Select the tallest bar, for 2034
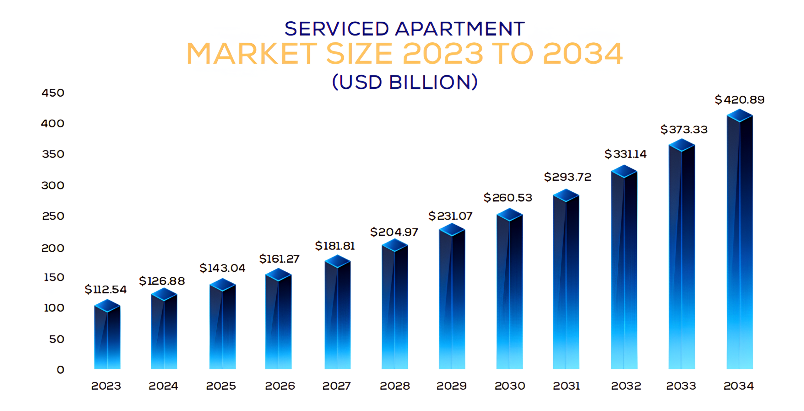(740, 245)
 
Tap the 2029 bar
(452, 301)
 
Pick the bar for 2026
(278, 323)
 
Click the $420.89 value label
(739, 100)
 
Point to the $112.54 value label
(106, 289)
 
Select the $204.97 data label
(394, 232)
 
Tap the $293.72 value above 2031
(568, 177)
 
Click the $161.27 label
(279, 259)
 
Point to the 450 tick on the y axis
(53, 93)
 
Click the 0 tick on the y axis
(60, 370)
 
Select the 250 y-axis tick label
(53, 216)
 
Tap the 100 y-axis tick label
(54, 308)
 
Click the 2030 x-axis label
(510, 386)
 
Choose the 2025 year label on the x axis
(221, 386)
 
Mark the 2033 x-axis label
(681, 386)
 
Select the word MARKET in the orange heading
(252, 54)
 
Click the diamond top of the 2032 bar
(624, 171)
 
